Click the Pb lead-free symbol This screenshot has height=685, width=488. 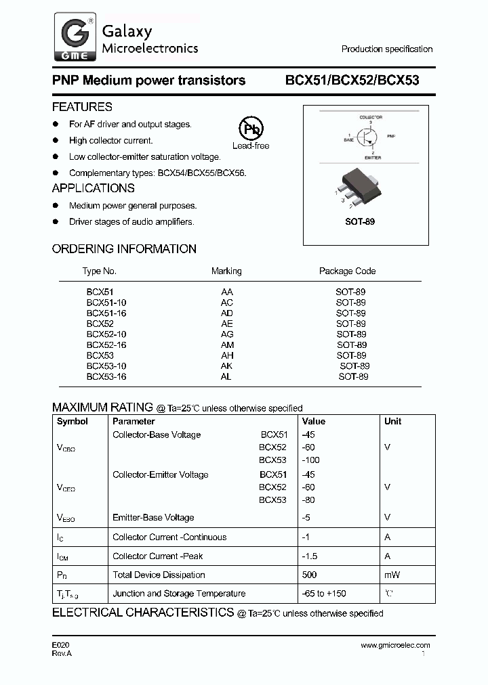251,129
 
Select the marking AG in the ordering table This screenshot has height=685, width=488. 226,334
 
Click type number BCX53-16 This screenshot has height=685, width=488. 106,376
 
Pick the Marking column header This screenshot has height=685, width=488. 226,271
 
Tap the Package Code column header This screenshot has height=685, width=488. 347,271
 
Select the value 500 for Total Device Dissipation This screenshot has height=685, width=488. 309,575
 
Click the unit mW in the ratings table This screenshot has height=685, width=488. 392,575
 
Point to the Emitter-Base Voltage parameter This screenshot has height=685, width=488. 153,518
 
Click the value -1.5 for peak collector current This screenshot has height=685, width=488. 309,556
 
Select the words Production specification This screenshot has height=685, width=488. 386,49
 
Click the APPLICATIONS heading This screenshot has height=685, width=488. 93,188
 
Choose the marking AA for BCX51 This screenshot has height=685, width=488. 226,292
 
